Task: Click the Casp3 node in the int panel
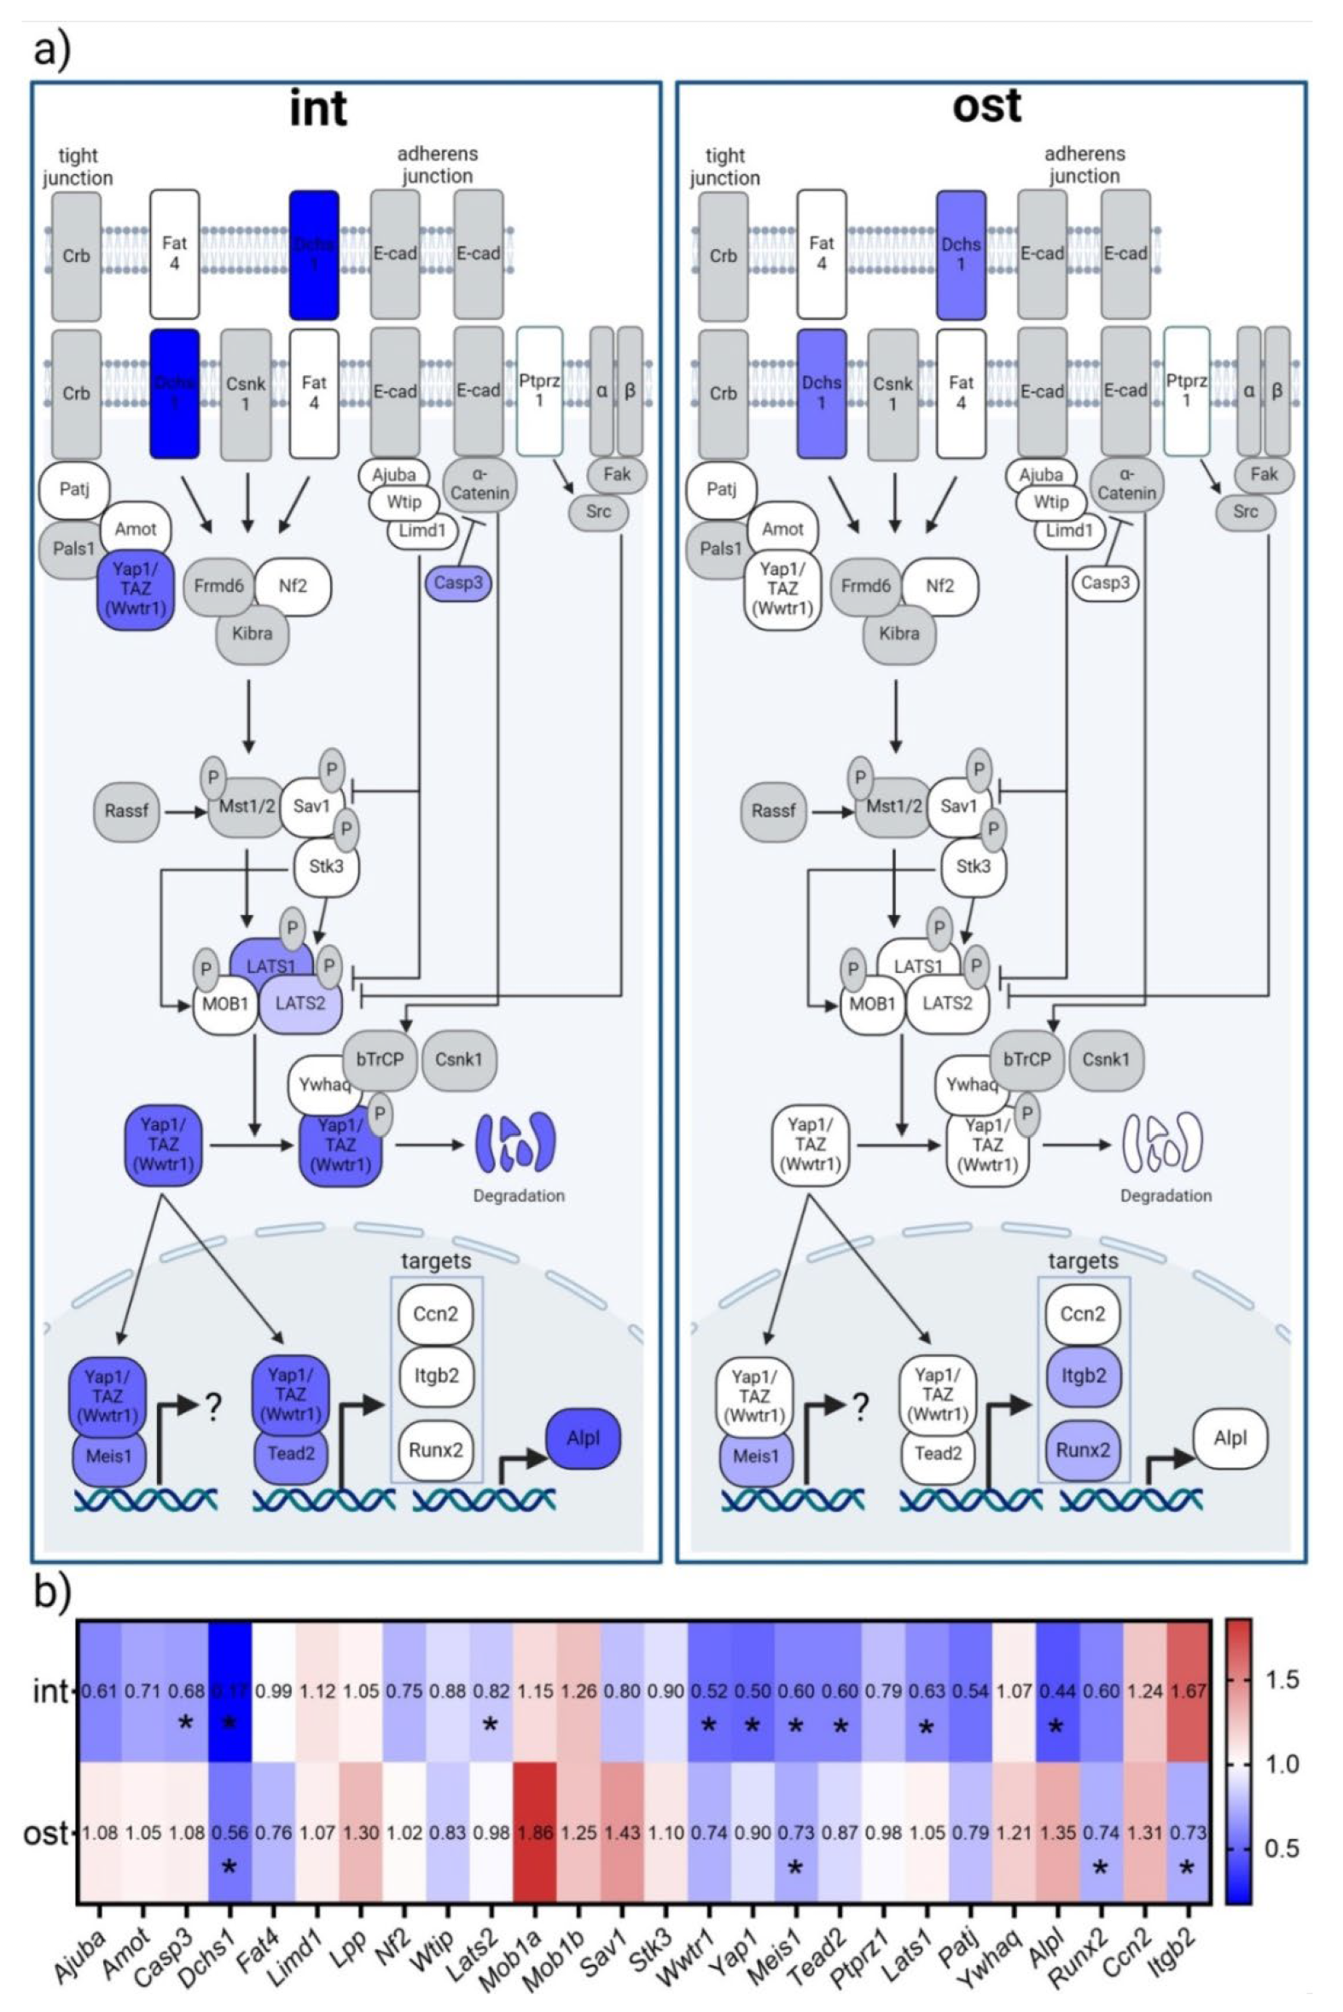(457, 583)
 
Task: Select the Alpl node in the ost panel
(1230, 1438)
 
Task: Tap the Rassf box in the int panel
(127, 810)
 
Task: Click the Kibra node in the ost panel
(899, 634)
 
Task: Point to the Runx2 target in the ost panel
(1083, 1449)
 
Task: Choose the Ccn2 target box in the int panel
(435, 1313)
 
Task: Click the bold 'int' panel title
(317, 107)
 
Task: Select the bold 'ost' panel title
(986, 106)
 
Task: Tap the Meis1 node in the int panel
(108, 1455)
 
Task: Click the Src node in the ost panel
(1246, 512)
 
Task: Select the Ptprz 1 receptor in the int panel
(539, 391)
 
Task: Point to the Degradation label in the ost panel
(1166, 1195)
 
